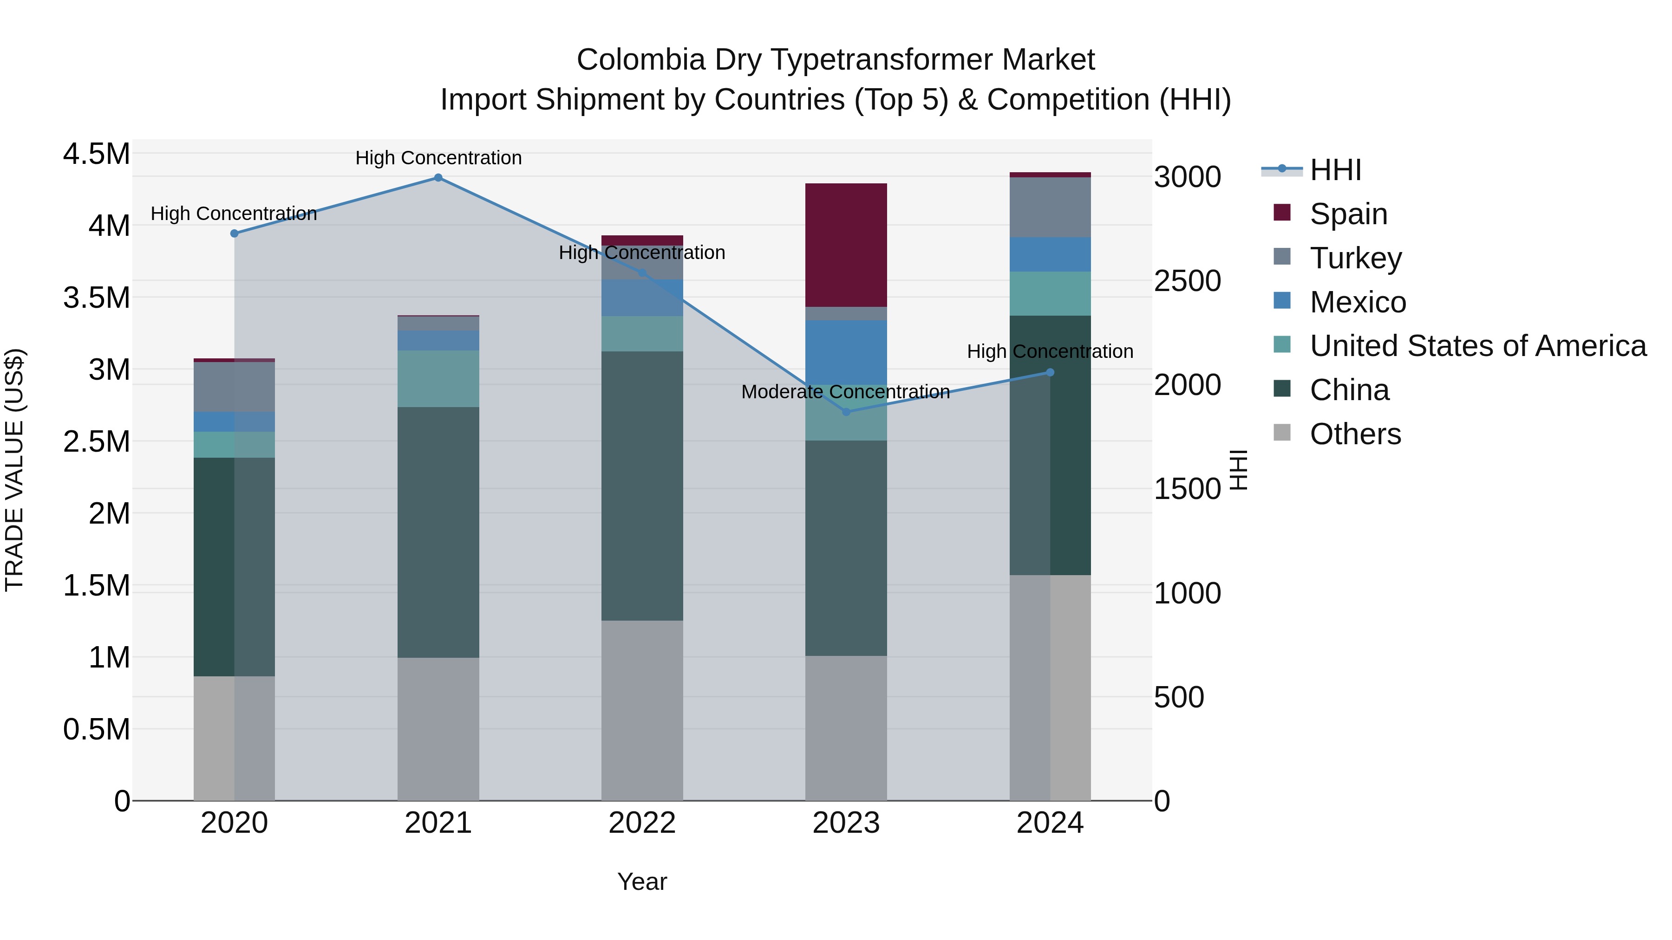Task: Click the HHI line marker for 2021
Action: click(x=438, y=178)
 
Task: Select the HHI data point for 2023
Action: click(x=846, y=412)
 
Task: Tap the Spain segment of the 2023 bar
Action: click(x=846, y=245)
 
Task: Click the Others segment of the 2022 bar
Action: click(x=642, y=710)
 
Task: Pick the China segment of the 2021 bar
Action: click(x=438, y=532)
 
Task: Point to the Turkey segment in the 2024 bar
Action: click(x=1050, y=207)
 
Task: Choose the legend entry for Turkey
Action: click(x=1355, y=258)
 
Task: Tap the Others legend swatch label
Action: click(x=1355, y=434)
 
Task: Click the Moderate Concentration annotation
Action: click(x=845, y=392)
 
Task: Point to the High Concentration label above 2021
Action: click(x=438, y=158)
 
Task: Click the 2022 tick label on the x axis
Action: click(x=642, y=823)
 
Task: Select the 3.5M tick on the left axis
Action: click(x=97, y=298)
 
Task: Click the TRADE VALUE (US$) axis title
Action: click(x=14, y=470)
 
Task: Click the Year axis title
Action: click(x=642, y=882)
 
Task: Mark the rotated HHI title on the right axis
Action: click(x=1238, y=470)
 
